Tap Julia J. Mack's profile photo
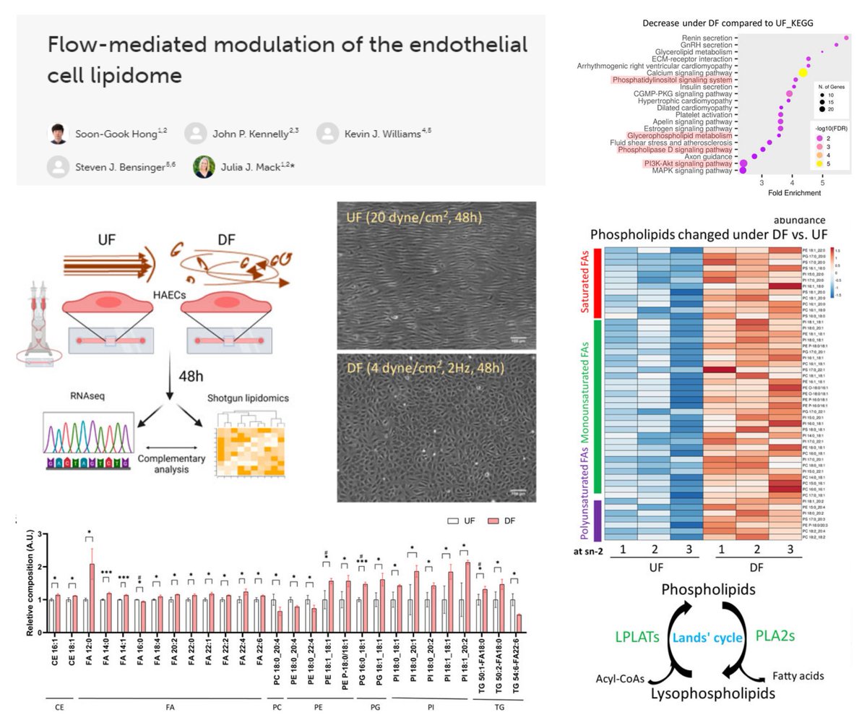(203, 166)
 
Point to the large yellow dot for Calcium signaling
(803, 73)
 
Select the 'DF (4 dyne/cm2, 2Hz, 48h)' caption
(421, 369)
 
